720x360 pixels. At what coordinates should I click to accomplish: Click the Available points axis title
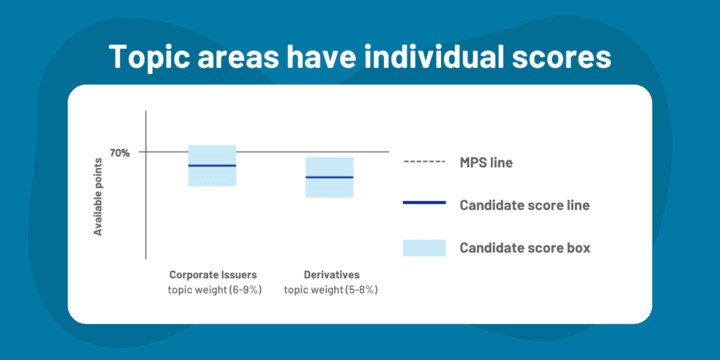98,197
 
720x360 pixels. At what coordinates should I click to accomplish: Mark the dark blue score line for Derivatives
330,177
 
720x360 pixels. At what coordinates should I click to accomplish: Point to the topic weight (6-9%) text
214,290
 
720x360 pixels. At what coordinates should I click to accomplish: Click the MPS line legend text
486,163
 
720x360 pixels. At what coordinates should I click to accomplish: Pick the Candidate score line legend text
524,205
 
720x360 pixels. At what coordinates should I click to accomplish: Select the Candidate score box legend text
525,247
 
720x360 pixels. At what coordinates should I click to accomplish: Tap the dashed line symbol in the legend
424,162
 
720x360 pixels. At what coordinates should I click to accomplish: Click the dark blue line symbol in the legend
424,202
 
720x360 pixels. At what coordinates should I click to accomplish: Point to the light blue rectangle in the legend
424,247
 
